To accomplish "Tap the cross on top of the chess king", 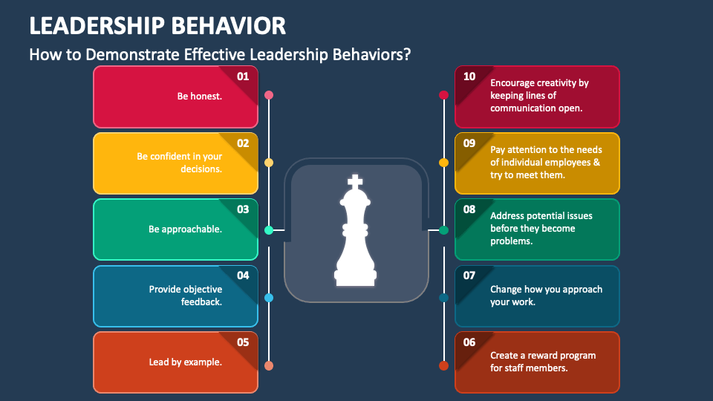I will click(x=356, y=180).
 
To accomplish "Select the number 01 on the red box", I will click(x=243, y=76).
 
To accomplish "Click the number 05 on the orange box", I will click(x=243, y=342).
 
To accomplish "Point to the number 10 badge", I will click(x=469, y=76).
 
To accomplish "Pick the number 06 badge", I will click(x=469, y=342).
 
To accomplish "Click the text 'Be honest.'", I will click(x=199, y=96).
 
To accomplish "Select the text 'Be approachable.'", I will click(x=185, y=229).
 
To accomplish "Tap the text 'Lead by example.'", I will click(x=185, y=362).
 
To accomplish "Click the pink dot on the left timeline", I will click(x=269, y=95).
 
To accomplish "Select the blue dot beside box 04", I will click(x=269, y=298).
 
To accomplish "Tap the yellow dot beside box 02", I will click(x=269, y=163).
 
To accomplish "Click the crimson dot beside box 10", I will click(x=443, y=95).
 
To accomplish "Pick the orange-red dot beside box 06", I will click(x=443, y=365).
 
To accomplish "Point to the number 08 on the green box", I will click(x=469, y=209).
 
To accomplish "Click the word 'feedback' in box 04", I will click(x=200, y=302).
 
